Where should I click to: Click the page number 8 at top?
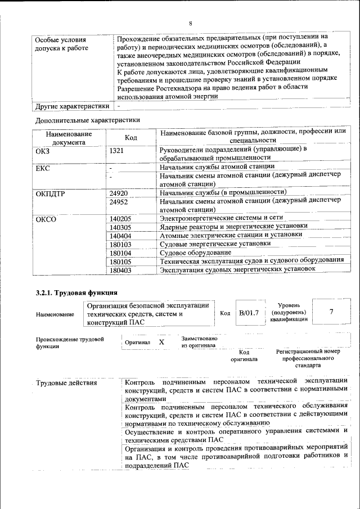click(191, 24)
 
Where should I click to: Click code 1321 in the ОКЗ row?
click(116, 150)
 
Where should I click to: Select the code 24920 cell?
click(119, 193)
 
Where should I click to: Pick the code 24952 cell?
click(119, 201)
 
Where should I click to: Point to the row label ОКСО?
click(46, 218)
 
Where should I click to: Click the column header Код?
click(130, 137)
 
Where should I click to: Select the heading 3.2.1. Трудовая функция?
click(76, 292)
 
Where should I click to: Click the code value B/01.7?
click(248, 313)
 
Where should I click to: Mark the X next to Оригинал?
click(161, 342)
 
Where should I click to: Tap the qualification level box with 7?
click(331, 313)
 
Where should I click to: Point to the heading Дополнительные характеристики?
click(88, 120)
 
